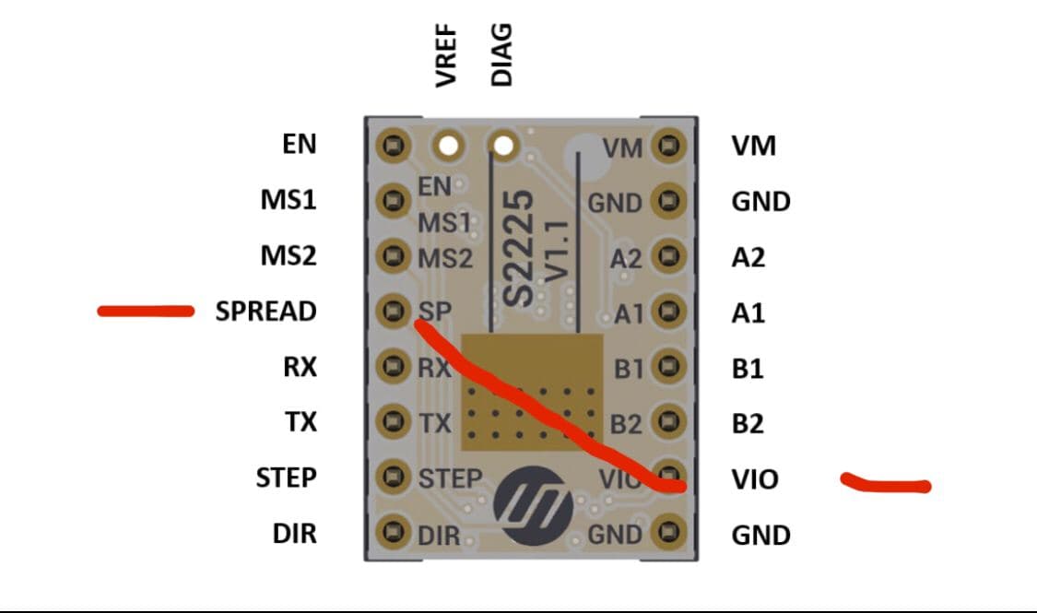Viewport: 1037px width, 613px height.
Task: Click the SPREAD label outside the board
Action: (x=265, y=312)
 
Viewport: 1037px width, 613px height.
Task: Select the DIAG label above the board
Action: (x=501, y=55)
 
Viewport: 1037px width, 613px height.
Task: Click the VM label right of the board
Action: (x=753, y=146)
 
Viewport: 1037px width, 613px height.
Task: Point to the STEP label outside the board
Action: (x=286, y=477)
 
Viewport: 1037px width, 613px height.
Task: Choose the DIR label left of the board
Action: (x=294, y=533)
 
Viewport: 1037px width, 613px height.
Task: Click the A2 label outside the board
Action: (x=748, y=257)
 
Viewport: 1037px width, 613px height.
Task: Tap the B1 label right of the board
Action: (x=748, y=369)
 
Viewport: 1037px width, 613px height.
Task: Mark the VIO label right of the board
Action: (x=754, y=479)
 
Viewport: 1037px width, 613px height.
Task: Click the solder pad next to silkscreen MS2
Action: (x=396, y=255)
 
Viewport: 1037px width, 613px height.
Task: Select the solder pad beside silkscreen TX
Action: (x=396, y=422)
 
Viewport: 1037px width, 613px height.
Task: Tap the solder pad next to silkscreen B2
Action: (x=667, y=422)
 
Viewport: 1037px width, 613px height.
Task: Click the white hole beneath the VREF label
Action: (x=450, y=146)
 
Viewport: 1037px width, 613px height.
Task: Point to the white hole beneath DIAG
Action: (x=503, y=146)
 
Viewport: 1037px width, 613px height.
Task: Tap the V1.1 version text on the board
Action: (x=557, y=247)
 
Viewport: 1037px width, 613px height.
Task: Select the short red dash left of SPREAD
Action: (x=146, y=312)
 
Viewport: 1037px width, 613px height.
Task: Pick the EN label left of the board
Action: (x=299, y=144)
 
